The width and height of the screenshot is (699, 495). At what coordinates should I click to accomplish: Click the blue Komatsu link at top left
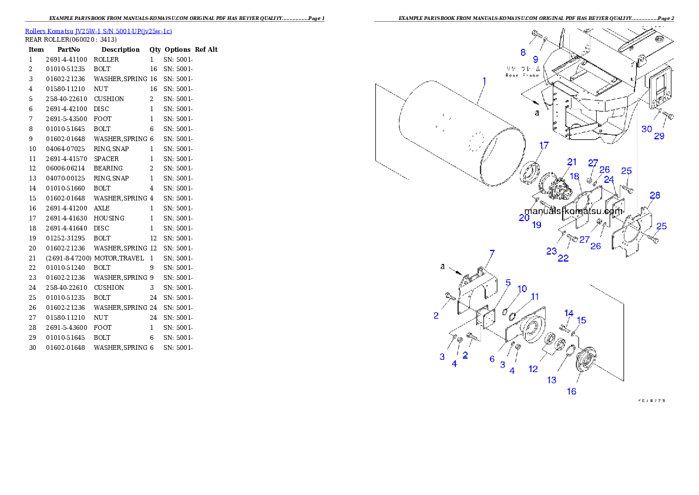(x=98, y=31)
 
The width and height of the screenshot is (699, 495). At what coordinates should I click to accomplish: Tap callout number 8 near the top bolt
(x=523, y=52)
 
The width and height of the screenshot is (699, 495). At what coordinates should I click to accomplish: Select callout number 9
(x=535, y=59)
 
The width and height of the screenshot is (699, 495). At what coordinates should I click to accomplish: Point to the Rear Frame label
(x=522, y=72)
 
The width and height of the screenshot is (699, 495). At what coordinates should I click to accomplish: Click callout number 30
(x=646, y=129)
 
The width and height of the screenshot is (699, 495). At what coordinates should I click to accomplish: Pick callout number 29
(x=659, y=136)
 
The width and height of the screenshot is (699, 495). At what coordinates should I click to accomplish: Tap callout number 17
(x=544, y=145)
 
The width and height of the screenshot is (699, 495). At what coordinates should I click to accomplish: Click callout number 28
(x=654, y=195)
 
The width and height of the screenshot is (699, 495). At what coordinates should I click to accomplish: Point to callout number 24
(x=609, y=179)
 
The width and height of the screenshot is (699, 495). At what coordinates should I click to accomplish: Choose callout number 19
(x=537, y=225)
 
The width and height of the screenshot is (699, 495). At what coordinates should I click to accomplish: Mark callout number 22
(x=563, y=258)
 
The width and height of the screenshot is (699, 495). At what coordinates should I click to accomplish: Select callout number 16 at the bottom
(x=571, y=392)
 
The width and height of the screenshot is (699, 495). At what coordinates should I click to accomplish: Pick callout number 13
(x=552, y=380)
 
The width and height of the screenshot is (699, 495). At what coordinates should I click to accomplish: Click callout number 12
(x=533, y=369)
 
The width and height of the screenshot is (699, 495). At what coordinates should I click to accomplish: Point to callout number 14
(x=569, y=312)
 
